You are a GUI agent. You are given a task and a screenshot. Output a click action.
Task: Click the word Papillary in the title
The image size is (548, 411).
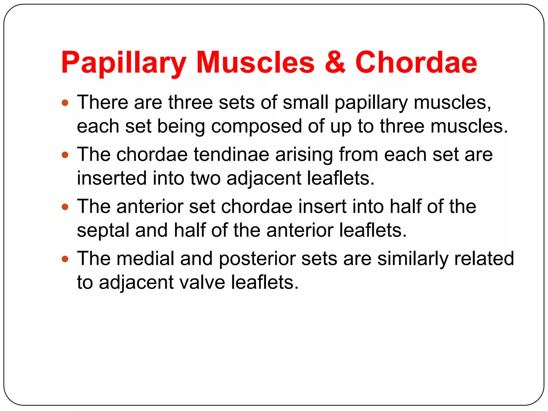pyautogui.click(x=124, y=63)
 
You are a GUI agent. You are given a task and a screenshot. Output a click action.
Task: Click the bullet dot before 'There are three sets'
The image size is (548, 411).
pyautogui.click(x=65, y=102)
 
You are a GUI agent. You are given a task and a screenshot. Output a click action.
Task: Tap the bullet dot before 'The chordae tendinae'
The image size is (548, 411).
pyautogui.click(x=65, y=155)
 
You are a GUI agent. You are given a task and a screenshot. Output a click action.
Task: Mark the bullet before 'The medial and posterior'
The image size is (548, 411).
pyautogui.click(x=65, y=259)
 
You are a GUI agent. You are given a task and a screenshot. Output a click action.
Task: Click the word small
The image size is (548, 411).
pyautogui.click(x=305, y=102)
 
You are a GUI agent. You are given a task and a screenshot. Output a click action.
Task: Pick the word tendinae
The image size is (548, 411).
pyautogui.click(x=231, y=155)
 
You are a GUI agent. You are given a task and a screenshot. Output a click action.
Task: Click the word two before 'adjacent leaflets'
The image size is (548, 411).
pyautogui.click(x=205, y=178)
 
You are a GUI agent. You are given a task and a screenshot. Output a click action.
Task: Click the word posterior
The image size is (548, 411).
pyautogui.click(x=257, y=259)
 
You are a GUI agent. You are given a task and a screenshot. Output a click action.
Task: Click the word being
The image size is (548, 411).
pyautogui.click(x=181, y=127)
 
